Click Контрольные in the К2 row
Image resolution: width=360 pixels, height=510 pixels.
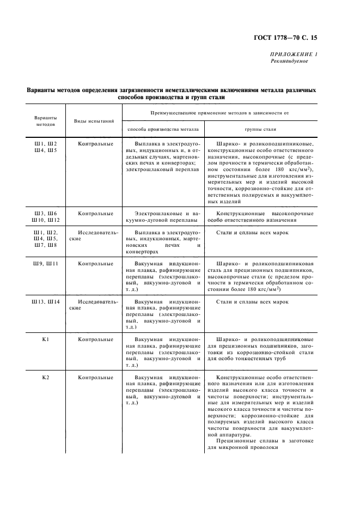95,378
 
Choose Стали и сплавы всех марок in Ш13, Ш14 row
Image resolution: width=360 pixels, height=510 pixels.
252,301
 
